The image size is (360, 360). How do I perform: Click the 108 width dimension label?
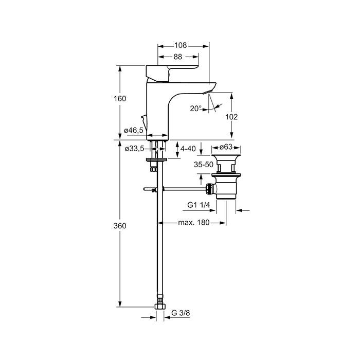pos(181,45)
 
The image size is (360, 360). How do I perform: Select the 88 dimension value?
pos(178,57)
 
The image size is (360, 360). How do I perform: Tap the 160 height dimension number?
pos(120,99)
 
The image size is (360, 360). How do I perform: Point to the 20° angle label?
pos(195,108)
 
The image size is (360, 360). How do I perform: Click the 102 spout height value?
pos(231,117)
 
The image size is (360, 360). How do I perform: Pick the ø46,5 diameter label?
pos(134,131)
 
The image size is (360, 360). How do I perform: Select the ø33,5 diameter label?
pos(135,149)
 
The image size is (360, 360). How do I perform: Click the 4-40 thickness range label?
pos(188,149)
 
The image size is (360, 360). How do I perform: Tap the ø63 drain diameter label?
pos(226,147)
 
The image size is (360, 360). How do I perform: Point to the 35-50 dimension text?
pos(204,165)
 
